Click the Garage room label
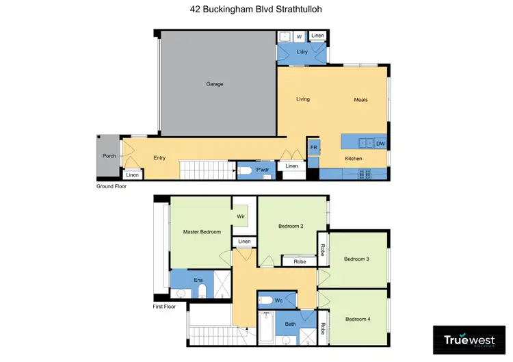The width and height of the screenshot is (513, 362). (215, 84)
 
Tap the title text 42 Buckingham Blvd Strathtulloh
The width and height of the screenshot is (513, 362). (256, 10)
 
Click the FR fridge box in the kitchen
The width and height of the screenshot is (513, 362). (314, 147)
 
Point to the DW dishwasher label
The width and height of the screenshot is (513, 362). (380, 143)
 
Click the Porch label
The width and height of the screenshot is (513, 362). (109, 156)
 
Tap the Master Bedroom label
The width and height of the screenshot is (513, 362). (202, 232)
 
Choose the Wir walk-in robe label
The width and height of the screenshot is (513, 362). (241, 216)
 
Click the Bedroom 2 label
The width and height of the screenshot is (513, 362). (291, 226)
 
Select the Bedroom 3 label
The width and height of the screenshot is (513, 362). (356, 259)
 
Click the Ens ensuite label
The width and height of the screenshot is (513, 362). (198, 280)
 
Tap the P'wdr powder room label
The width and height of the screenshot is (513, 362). (261, 170)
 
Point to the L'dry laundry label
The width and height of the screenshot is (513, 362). (302, 53)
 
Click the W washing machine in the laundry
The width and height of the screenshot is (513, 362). (298, 37)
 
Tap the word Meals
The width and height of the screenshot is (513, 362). (360, 99)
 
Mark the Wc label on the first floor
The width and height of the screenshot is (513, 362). (278, 300)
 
